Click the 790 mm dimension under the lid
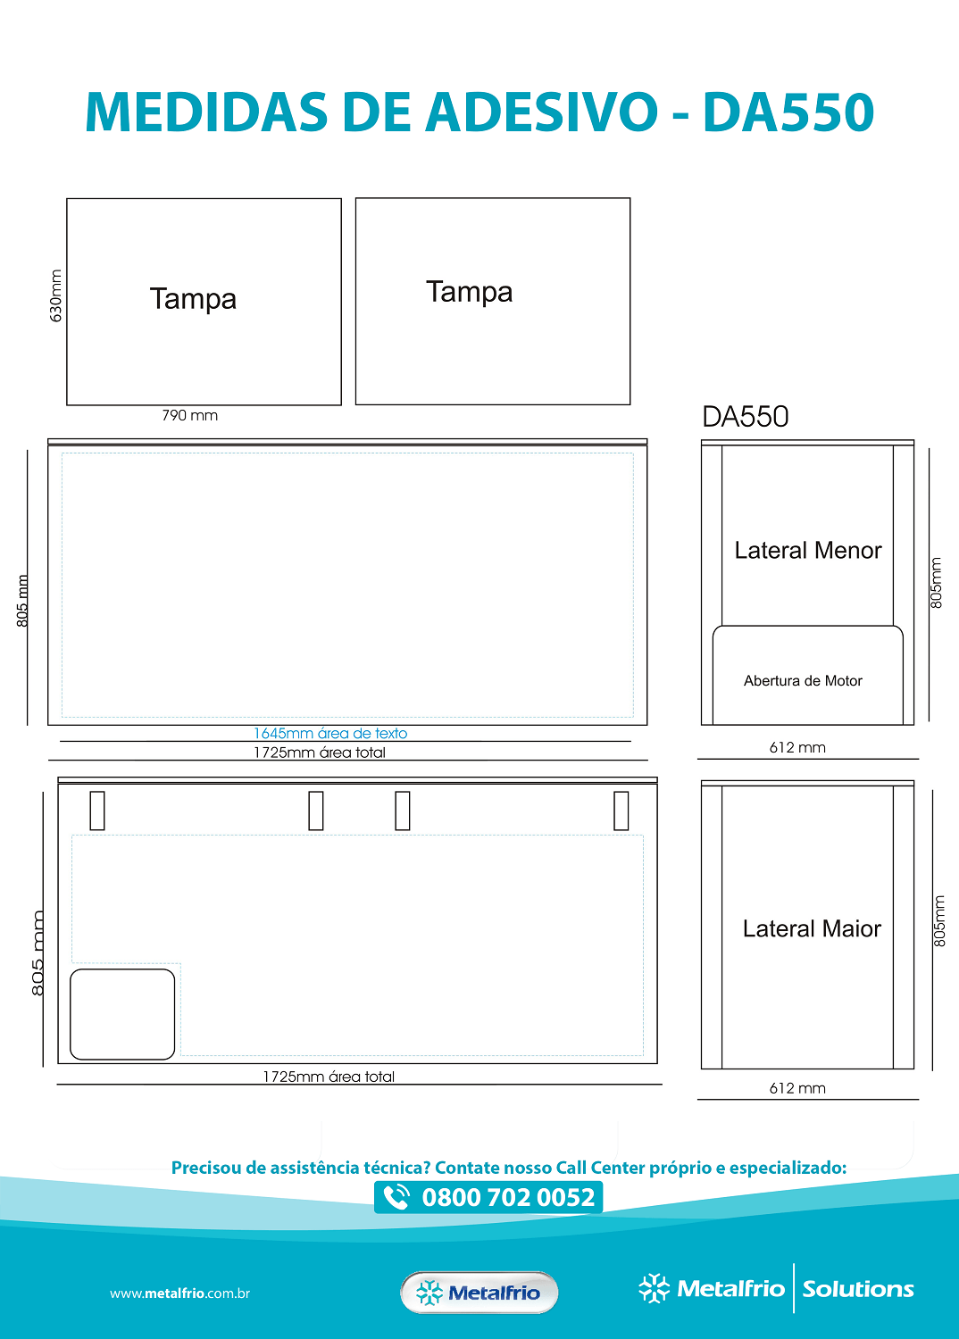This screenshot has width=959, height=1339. [x=189, y=415]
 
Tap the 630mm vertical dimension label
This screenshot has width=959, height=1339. [x=55, y=295]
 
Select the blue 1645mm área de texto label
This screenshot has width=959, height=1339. [x=330, y=733]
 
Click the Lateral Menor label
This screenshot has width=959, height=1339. [x=808, y=550]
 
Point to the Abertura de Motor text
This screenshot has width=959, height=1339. [x=803, y=680]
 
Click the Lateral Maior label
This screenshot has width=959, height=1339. [x=812, y=928]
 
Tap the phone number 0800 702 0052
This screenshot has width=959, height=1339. [x=508, y=1197]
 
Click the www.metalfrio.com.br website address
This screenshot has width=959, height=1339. [x=180, y=1293]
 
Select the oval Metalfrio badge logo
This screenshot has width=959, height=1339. [x=479, y=1293]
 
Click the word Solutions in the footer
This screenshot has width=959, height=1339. [x=858, y=1289]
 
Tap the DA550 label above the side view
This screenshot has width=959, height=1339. [x=745, y=417]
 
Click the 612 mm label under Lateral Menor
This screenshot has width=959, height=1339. [x=797, y=747]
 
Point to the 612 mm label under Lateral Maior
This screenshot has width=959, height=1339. [x=797, y=1088]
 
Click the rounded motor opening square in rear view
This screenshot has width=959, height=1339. [x=122, y=1014]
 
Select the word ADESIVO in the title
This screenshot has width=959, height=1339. [x=542, y=112]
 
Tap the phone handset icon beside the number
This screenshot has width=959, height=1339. [x=396, y=1197]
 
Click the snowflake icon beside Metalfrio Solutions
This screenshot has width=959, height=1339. [x=655, y=1288]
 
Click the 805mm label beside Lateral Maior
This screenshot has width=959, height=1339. [x=939, y=921]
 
